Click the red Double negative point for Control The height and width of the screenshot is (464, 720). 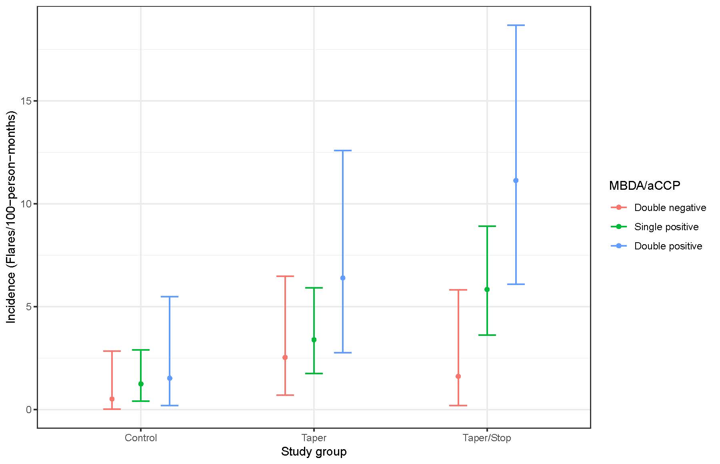(x=112, y=399)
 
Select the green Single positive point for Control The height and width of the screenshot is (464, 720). (x=141, y=384)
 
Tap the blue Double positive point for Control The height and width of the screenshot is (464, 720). (x=170, y=378)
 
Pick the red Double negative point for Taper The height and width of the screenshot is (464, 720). (x=285, y=357)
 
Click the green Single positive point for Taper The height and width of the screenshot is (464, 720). (x=314, y=340)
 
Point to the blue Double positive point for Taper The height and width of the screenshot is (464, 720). (x=343, y=278)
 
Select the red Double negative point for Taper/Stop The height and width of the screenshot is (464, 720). (x=458, y=376)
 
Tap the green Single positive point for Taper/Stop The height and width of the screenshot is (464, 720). (x=487, y=289)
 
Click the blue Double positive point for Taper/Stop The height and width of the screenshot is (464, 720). (x=516, y=181)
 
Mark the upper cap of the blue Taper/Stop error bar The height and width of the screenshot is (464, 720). (x=516, y=25)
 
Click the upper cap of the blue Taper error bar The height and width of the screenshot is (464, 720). (x=343, y=151)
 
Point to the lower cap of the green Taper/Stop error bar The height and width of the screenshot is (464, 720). (x=487, y=335)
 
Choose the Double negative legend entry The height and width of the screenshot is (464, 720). (x=670, y=208)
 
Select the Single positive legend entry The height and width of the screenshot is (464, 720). (x=666, y=227)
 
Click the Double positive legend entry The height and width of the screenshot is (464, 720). (x=668, y=246)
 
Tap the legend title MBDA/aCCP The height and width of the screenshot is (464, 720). (x=644, y=186)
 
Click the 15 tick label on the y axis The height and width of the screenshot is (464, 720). (x=26, y=101)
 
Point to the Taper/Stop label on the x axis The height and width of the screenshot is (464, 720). (x=487, y=438)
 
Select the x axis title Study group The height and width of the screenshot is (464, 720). (x=314, y=452)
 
